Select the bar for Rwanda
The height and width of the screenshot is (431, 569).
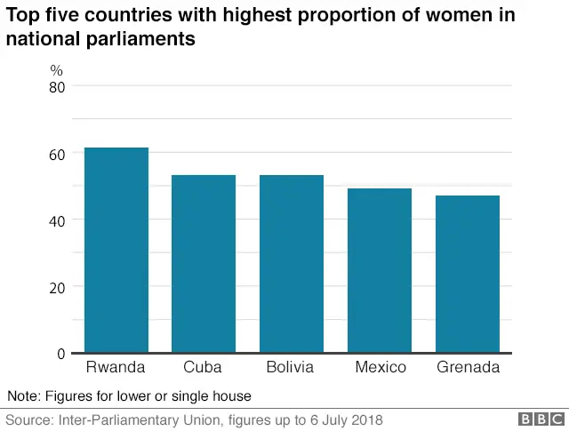[116, 250]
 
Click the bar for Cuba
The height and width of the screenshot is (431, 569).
[204, 263]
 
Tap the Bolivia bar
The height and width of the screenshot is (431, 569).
[292, 263]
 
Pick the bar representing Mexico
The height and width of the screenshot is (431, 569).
[380, 270]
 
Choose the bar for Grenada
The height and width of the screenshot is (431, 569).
[468, 274]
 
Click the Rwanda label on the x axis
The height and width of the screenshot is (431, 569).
[116, 367]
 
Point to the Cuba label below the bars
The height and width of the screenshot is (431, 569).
[204, 367]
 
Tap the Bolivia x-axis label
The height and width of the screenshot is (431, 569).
[292, 367]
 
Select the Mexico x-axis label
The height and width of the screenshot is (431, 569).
[380, 367]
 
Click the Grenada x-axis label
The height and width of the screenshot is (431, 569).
[468, 367]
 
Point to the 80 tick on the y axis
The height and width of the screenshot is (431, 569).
[57, 86]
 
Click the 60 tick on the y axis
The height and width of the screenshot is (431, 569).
[57, 154]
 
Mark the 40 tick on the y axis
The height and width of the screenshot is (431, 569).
[57, 220]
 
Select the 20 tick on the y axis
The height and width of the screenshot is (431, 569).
[57, 287]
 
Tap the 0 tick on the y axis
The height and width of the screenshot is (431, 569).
[61, 354]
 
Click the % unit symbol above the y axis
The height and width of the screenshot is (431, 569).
[56, 69]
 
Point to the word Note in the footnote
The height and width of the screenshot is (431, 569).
[23, 395]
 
